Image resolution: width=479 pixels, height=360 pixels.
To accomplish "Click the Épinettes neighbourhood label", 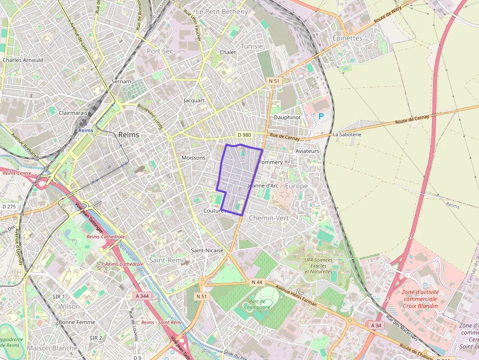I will (347, 38).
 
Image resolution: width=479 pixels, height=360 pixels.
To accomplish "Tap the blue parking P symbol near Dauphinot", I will (321, 116).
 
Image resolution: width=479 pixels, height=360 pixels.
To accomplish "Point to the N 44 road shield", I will (257, 282).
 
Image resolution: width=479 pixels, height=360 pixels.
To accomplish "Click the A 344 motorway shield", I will (142, 296).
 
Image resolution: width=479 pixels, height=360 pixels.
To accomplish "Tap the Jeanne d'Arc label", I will (263, 186).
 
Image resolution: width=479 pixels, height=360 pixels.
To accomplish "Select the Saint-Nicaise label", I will (207, 250).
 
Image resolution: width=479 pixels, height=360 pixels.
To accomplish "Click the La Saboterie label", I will (347, 134).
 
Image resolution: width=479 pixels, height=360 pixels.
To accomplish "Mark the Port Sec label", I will (160, 50).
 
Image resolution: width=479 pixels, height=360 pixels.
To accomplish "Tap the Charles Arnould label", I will (23, 60).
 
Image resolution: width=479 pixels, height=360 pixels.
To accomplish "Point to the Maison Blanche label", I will (52, 348).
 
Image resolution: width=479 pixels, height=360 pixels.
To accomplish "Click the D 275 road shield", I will (9, 207).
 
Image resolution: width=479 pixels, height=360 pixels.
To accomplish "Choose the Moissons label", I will (194, 158).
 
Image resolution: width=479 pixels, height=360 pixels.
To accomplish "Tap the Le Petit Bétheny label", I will (222, 11).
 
